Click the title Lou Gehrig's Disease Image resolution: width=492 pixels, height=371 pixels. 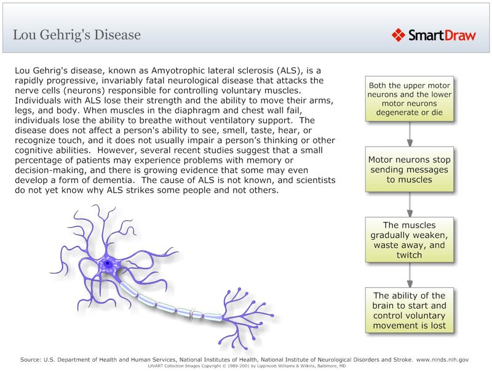pos(77,35)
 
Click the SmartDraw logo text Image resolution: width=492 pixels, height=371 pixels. pos(442,35)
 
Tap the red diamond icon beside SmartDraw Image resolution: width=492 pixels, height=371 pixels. pos(399,35)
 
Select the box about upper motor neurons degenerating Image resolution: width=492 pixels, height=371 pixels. pos(410,100)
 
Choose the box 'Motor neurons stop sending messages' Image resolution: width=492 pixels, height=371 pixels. pos(410,169)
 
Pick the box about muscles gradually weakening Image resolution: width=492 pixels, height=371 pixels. pos(410,240)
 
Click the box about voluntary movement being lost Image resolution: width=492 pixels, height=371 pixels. pos(410,311)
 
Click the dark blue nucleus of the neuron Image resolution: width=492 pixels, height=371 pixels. pos(108,264)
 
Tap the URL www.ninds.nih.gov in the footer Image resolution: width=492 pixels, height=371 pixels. pos(443,359)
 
